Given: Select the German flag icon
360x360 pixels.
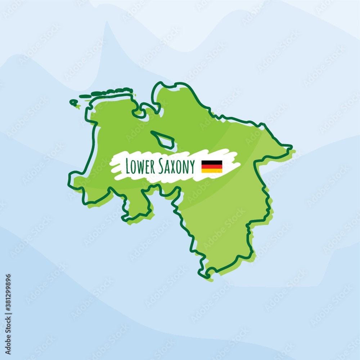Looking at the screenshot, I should click(212, 166).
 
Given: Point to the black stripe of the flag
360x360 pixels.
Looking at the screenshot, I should click(212, 163).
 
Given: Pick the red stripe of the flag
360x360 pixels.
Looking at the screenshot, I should click(212, 167).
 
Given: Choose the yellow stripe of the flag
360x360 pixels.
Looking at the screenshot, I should click(212, 171).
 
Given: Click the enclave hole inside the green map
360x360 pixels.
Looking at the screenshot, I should click(164, 140).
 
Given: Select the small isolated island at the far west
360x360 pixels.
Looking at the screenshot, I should click(73, 103).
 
